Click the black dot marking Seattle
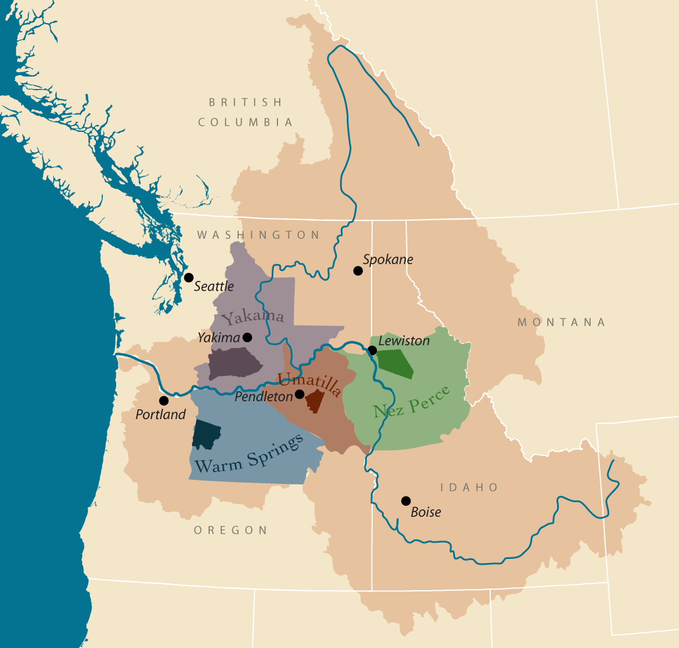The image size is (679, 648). click(188, 277)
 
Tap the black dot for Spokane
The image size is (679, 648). click(358, 271)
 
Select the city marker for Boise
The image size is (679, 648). click(406, 501)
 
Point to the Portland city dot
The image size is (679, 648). click(164, 401)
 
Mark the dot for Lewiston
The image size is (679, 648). click(373, 350)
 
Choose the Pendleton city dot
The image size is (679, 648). click(299, 394)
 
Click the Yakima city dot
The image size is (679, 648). click(247, 337)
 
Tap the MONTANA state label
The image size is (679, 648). click(561, 322)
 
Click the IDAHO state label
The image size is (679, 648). click(469, 487)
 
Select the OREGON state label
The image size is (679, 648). click(231, 530)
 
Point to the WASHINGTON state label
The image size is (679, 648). click(258, 235)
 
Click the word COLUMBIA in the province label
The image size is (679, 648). click(246, 122)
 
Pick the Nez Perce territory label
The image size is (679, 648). click(411, 402)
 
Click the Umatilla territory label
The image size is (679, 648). click(309, 384)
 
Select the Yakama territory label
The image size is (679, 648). click(253, 317)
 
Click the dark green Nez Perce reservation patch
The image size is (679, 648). click(396, 364)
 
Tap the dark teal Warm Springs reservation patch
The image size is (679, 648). click(206, 434)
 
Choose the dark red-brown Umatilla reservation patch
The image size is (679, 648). click(316, 401)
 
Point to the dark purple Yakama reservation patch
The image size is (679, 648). click(234, 363)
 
